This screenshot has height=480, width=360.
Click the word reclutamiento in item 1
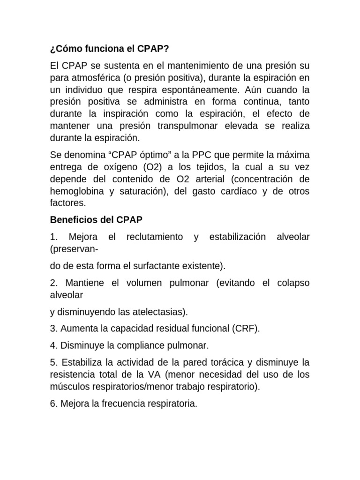[155, 237]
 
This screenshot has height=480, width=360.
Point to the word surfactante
[166, 266]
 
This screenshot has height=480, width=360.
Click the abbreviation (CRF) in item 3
[245, 329]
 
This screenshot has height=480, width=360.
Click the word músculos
[67, 387]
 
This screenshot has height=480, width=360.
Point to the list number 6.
[53, 404]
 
